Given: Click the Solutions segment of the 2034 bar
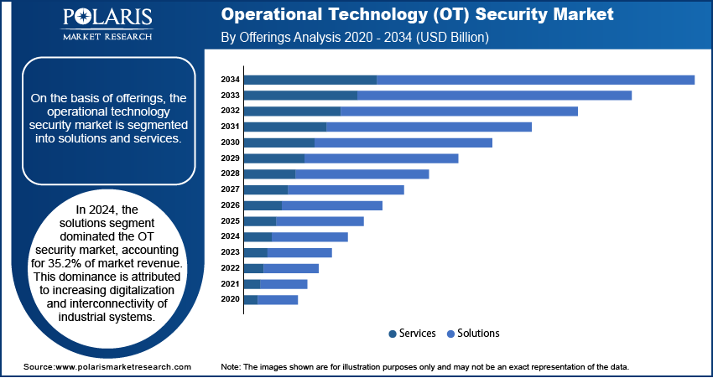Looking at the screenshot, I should coord(535,80).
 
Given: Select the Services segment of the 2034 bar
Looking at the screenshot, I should coord(310,80).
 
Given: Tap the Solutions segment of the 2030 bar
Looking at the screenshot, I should coord(403,142).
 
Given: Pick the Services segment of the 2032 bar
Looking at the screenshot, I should coord(292,111).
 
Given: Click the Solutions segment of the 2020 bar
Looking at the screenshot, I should coord(278,299).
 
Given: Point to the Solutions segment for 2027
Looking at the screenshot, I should coord(346,189).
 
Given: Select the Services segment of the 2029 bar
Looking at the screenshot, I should coord(273,158).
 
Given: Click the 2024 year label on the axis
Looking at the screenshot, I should coord(230,236).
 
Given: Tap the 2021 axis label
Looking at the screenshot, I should coord(230,284).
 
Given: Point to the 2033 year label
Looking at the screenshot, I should coord(230,96).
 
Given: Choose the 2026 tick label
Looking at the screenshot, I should coord(230,205).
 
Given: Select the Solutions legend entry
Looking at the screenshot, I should coord(479,334).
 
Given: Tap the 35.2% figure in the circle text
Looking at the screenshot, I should coord(74,264).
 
